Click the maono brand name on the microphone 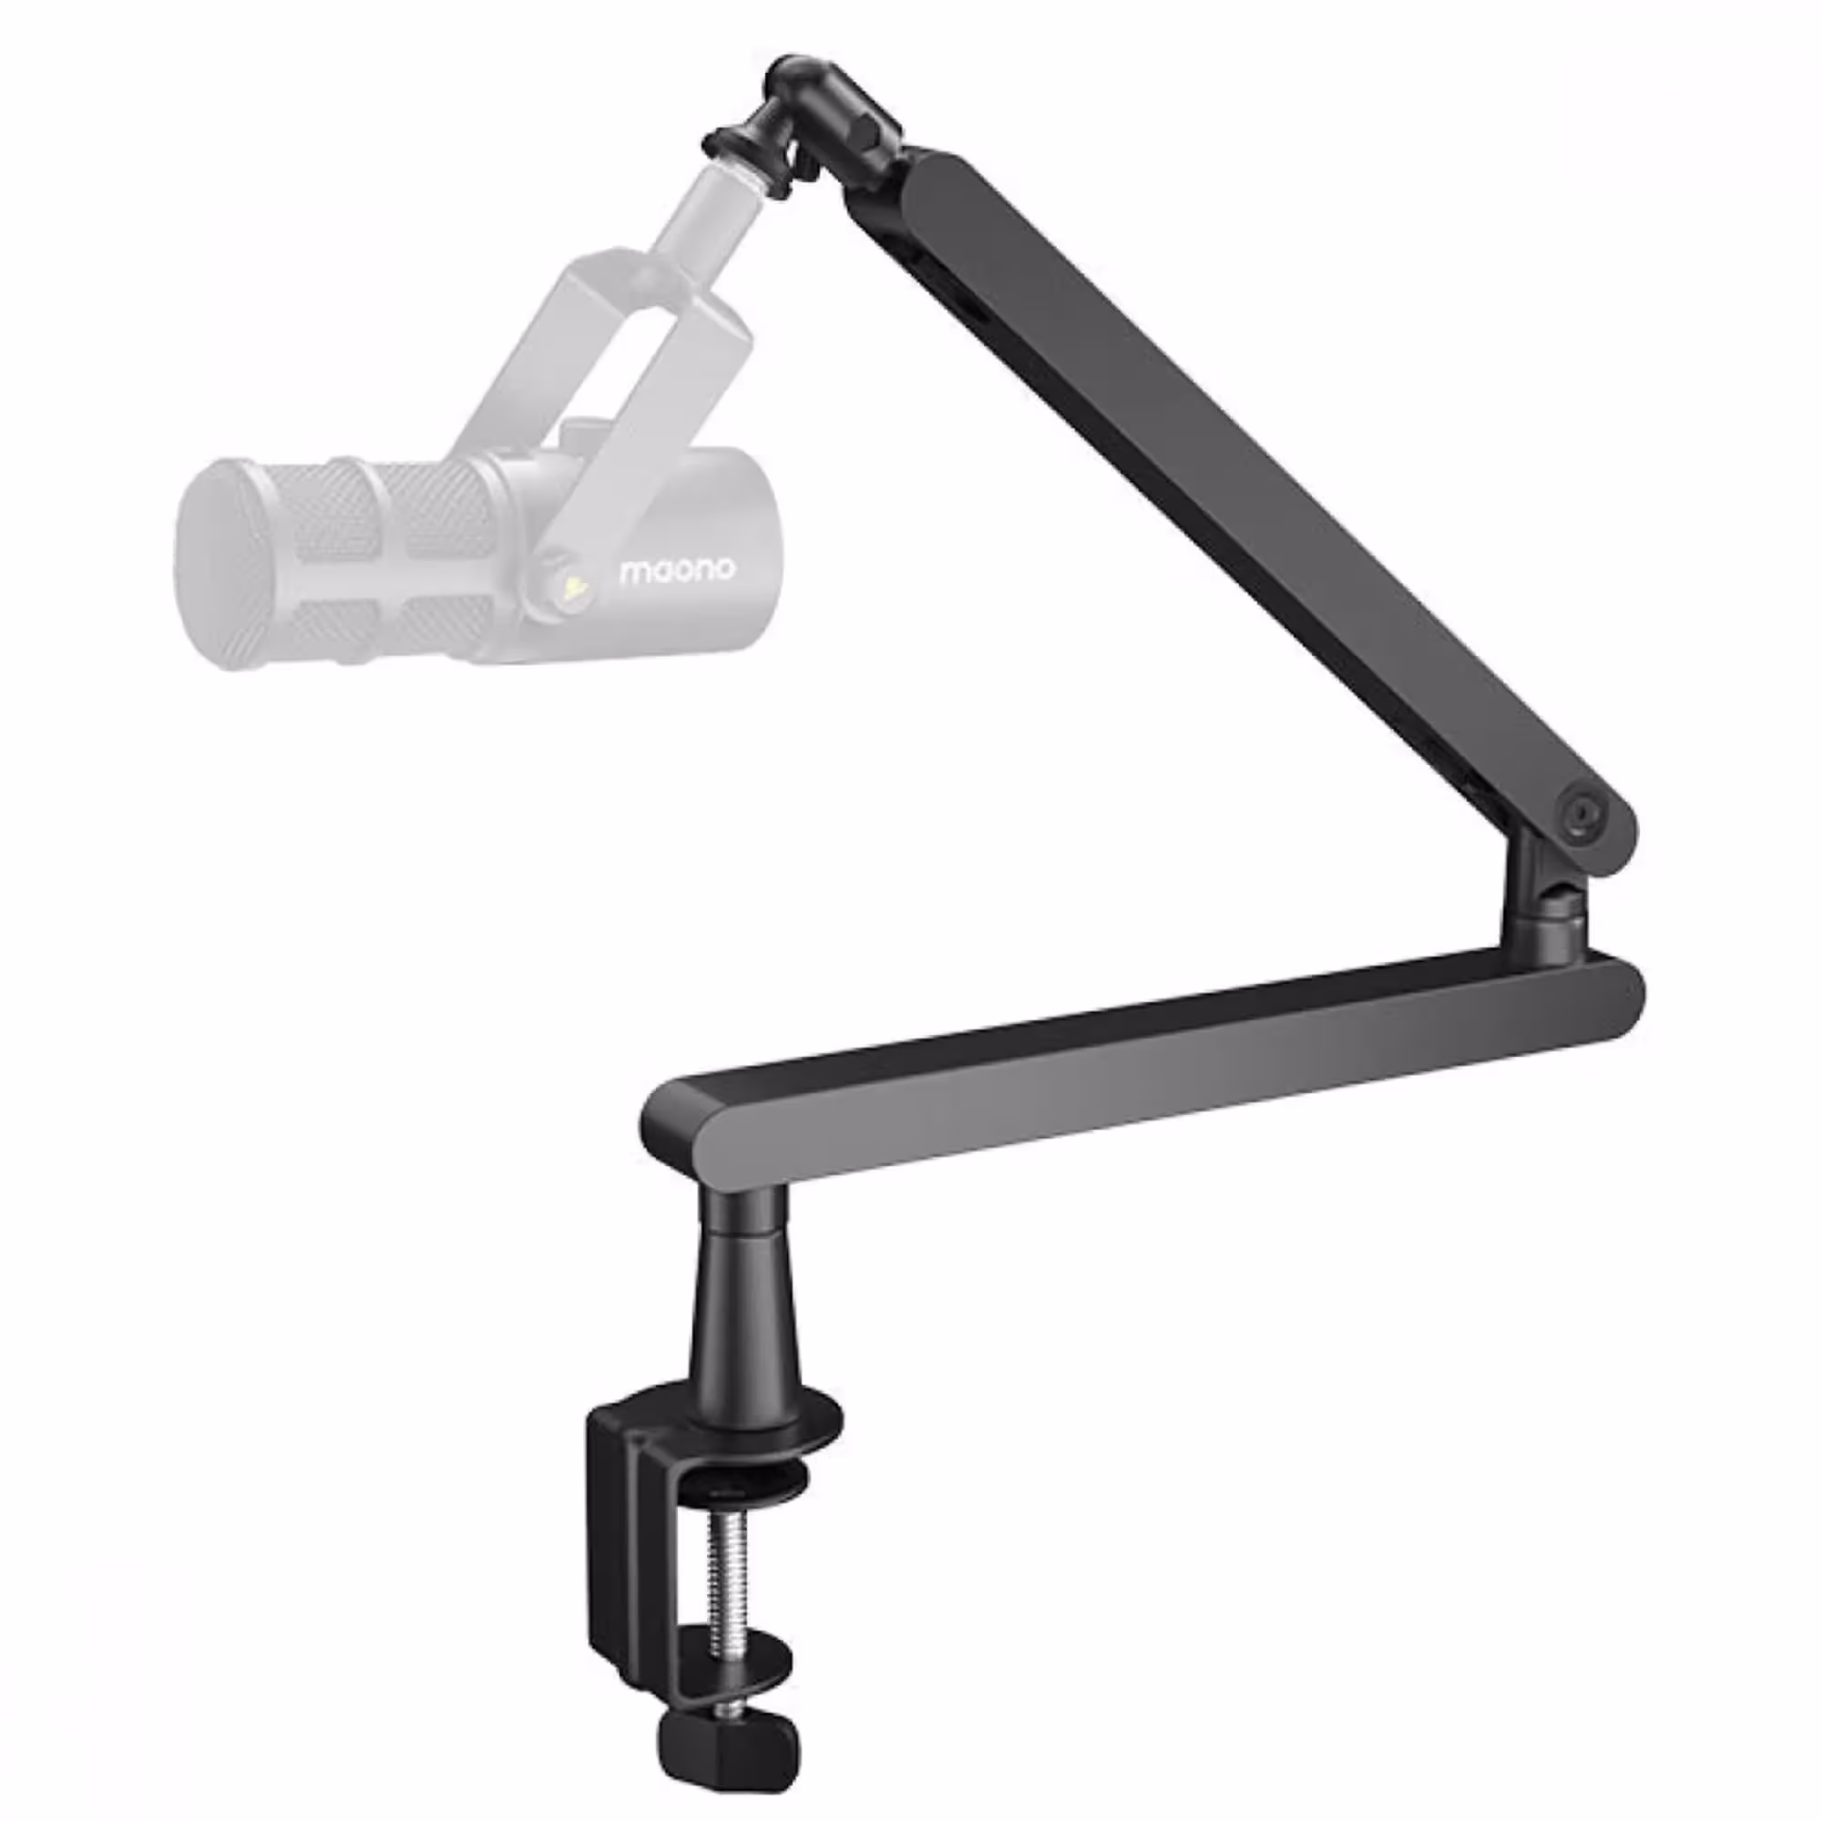tap(676, 570)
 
